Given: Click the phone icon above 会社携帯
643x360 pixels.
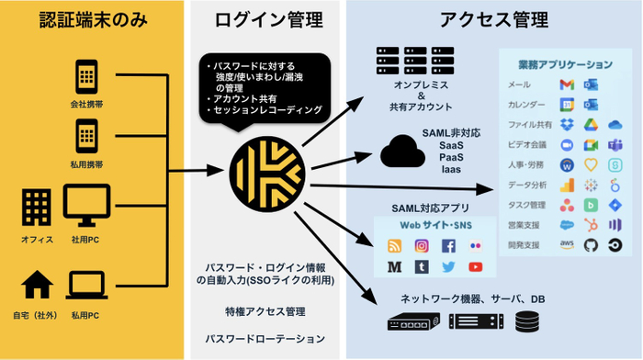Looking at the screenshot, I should pos(86,75).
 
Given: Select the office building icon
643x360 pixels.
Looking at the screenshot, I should pos(35,206).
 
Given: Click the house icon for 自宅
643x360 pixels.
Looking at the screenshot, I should pos(35,286).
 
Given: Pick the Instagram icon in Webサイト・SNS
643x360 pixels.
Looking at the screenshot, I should pos(421,245).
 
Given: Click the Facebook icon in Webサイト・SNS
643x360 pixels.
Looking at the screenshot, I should pos(448,245).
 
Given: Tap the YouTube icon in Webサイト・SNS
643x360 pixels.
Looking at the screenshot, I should pos(475,266).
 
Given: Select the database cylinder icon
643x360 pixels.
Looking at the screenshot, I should pos(527,322).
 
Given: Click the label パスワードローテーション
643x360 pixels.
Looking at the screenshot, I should pos(266,338).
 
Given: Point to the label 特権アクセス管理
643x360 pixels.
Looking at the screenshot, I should pos(266,311).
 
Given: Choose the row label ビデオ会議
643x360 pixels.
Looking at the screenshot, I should pos(529,144).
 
